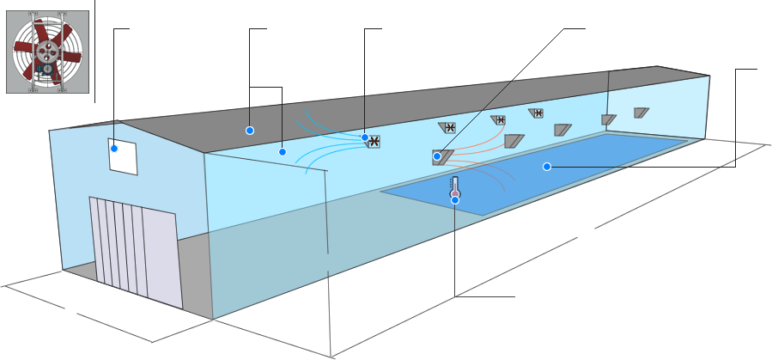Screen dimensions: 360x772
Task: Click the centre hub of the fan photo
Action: click(x=49, y=52)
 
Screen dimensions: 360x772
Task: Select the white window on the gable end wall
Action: click(x=122, y=156)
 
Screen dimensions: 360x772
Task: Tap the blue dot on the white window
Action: click(x=112, y=148)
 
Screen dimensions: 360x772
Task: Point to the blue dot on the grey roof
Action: click(x=249, y=131)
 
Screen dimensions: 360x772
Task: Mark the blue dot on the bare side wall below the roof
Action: click(x=282, y=152)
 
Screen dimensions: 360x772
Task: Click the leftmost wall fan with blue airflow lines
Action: click(x=374, y=142)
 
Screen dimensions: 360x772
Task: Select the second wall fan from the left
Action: click(x=449, y=127)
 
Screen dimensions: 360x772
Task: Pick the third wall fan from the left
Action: click(x=499, y=119)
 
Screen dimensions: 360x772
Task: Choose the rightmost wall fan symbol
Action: click(x=538, y=113)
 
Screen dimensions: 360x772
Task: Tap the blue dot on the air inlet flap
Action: click(x=437, y=156)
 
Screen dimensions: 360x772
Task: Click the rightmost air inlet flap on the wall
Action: click(x=641, y=112)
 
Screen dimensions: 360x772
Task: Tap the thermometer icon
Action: click(x=455, y=186)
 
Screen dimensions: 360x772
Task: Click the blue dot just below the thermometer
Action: click(x=455, y=200)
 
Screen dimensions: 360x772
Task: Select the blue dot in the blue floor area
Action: click(x=546, y=167)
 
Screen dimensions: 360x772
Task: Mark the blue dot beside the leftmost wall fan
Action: click(x=364, y=137)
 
